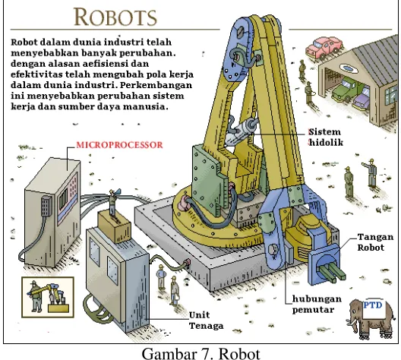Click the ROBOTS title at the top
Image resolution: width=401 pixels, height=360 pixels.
pos(115,17)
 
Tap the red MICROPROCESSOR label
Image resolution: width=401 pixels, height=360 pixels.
pos(119,145)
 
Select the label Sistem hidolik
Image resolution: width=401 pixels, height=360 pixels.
pos(326,137)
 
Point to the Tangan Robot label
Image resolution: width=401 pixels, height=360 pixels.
pos(375,242)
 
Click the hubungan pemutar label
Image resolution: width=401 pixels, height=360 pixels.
pos(317,305)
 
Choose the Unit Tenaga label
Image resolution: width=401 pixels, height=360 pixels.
pos(206,321)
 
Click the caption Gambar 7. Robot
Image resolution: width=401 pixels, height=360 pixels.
pos(200,353)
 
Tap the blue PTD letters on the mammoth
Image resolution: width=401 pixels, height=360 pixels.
pos(373,305)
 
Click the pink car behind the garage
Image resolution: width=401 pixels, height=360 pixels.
pos(323,48)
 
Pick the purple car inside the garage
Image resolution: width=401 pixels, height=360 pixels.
pos(361,99)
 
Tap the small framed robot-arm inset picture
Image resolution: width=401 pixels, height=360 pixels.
pos(48,297)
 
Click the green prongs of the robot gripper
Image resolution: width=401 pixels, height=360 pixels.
pos(332,273)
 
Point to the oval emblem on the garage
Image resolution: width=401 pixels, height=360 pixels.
pos(347,68)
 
